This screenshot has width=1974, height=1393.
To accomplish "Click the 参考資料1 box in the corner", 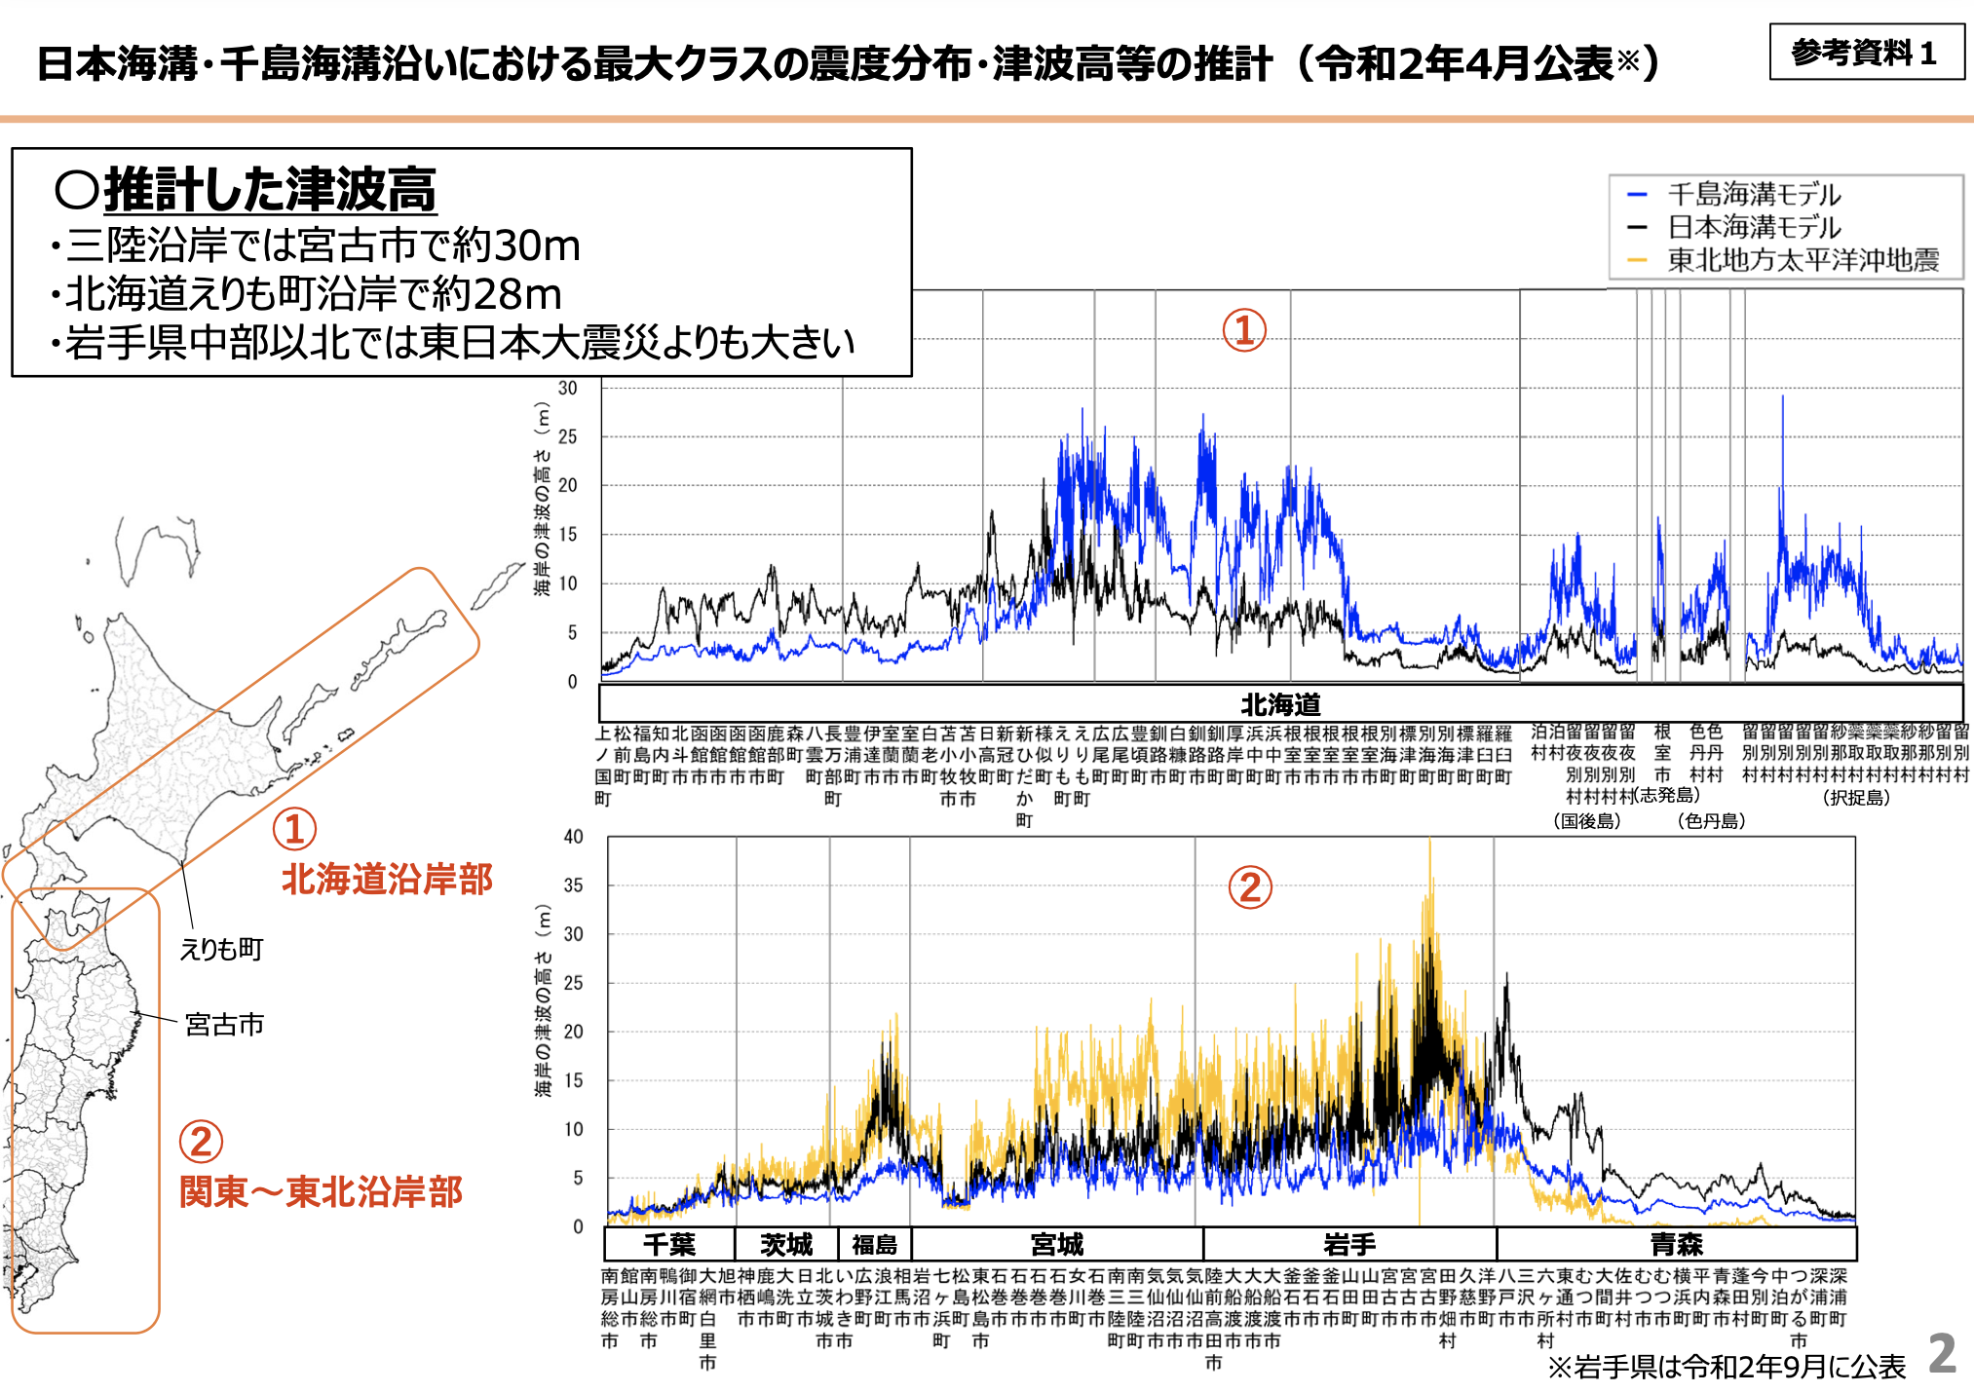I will [x=1865, y=53].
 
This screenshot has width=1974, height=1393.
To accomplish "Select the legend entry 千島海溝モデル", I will [x=1754, y=194].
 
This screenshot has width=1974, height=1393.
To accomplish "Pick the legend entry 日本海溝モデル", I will [x=1754, y=227].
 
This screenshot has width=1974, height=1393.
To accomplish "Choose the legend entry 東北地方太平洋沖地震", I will [x=1803, y=260].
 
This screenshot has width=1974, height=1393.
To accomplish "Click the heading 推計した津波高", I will [x=270, y=189].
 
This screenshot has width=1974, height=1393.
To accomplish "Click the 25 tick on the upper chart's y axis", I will [x=567, y=436].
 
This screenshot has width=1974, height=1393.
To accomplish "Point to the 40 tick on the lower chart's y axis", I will [x=573, y=837].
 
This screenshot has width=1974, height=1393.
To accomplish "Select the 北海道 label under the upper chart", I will [x=1280, y=704].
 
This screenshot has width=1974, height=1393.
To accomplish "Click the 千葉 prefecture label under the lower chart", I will [x=669, y=1245].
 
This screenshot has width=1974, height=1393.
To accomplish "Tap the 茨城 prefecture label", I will [x=785, y=1245].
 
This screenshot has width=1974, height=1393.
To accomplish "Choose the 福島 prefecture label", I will [x=874, y=1245].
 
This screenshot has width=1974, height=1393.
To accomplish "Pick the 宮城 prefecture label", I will [x=1057, y=1245].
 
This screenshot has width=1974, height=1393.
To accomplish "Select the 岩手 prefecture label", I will [x=1349, y=1245].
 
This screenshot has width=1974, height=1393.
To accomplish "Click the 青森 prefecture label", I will [x=1676, y=1245].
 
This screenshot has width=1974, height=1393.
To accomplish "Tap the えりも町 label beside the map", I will [x=221, y=949].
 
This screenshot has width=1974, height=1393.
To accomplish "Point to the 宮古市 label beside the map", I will [x=224, y=1025].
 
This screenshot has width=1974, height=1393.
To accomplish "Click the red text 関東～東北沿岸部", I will [x=321, y=1192].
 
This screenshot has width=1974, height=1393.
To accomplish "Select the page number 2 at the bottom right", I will [x=1942, y=1353].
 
